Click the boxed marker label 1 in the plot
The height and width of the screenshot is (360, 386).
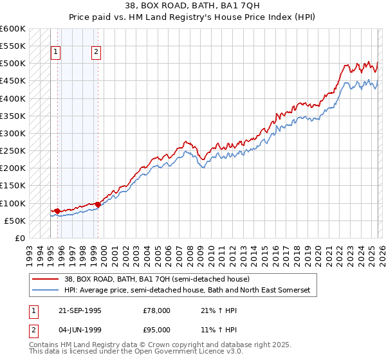[56, 53]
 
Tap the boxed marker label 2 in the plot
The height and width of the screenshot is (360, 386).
[96, 53]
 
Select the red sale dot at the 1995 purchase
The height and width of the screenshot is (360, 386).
[57, 211]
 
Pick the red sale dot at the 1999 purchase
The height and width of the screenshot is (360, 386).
[98, 204]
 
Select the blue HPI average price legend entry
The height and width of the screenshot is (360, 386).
[187, 291]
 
